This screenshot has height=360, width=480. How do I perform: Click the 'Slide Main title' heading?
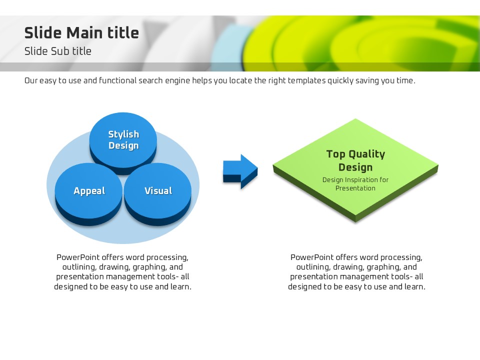click(81, 33)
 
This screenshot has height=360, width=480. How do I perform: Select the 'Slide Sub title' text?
click(58, 51)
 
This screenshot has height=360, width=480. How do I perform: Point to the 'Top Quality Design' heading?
click(355, 160)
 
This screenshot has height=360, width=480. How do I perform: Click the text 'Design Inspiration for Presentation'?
click(355, 184)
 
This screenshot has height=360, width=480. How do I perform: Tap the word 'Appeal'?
click(89, 191)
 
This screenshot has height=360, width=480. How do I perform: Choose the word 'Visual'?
click(158, 191)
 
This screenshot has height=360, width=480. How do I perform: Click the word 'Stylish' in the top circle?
click(123, 134)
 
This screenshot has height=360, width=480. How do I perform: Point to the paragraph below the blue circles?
click(122, 272)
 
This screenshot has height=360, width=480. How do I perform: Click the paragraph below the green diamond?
click(356, 272)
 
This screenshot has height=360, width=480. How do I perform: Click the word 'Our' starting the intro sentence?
click(31, 80)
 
